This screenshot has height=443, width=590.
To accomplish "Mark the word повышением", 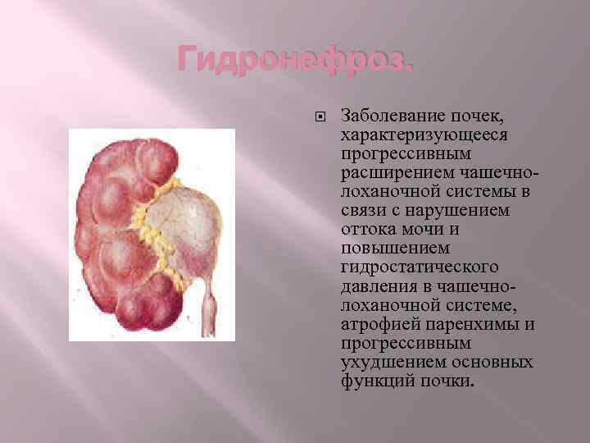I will [388, 249].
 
